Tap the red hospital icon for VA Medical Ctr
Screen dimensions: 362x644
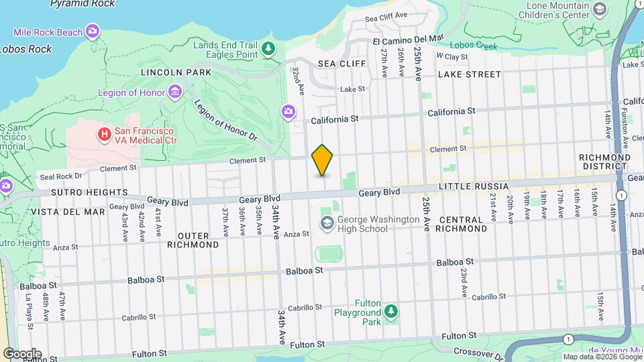point(104,135)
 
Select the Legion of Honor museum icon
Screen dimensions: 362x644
point(175,91)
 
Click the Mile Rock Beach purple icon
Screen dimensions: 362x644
point(93,31)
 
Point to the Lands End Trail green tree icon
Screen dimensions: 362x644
point(268,48)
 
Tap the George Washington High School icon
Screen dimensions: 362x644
point(327,223)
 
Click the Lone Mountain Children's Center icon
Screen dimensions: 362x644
point(600,9)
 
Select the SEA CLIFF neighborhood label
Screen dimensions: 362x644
point(342,64)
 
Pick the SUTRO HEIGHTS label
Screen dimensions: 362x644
point(70,192)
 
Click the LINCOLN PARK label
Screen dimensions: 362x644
point(176,72)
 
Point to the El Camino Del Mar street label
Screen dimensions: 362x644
point(409,40)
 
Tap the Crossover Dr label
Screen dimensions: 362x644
point(476,352)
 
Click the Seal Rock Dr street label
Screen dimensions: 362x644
point(60,176)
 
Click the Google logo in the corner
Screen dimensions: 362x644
point(22,353)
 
